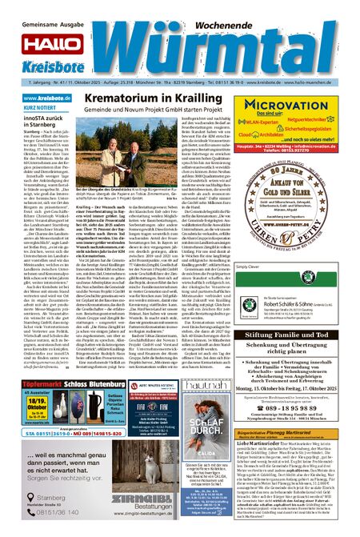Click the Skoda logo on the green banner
pos(307,276)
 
